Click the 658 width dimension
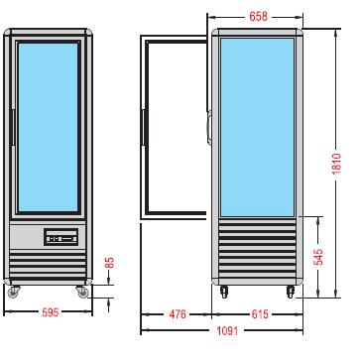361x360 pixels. (257, 17)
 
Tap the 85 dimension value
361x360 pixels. (110, 264)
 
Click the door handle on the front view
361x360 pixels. (13, 129)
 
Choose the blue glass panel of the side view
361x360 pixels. (257, 126)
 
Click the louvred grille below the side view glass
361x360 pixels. (257, 253)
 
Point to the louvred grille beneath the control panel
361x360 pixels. (48, 266)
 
